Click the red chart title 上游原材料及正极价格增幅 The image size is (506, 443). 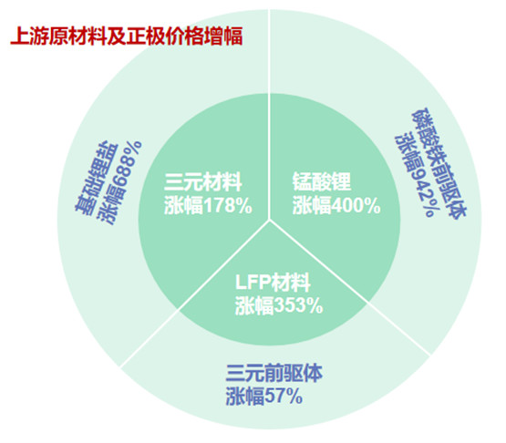pyautogui.click(x=127, y=36)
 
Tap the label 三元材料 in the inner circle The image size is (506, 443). pyautogui.click(x=203, y=182)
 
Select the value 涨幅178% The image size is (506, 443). pyautogui.click(x=208, y=205)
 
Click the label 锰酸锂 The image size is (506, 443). pyautogui.click(x=322, y=181)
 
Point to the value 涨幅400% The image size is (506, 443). pyautogui.click(x=336, y=205)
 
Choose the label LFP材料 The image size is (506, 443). pyautogui.click(x=273, y=282)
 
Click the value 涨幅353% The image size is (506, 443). pyautogui.click(x=279, y=305)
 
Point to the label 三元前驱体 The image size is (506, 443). pyautogui.click(x=274, y=374)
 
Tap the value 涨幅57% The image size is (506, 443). pyautogui.click(x=264, y=397)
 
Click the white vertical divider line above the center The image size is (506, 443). pyautogui.click(x=269, y=115)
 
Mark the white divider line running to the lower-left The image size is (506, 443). pyautogui.click(x=194, y=294)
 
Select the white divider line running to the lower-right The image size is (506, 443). pyautogui.click(x=350, y=288)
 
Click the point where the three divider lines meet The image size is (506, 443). pyautogui.click(x=269, y=221)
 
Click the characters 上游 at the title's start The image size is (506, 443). pyautogui.click(x=26, y=36)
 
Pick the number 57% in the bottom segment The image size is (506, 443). pyautogui.click(x=284, y=397)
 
